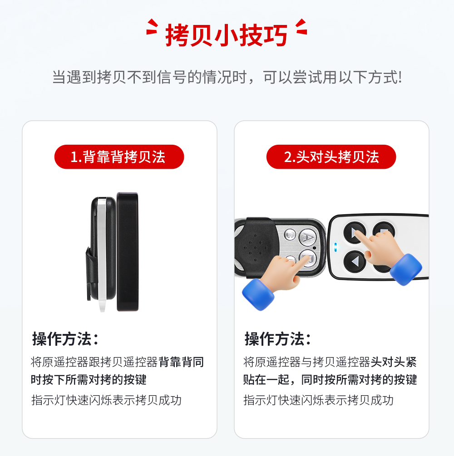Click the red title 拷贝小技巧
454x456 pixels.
tap(227, 35)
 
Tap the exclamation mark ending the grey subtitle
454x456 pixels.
tap(400, 77)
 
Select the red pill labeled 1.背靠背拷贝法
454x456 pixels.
tap(119, 157)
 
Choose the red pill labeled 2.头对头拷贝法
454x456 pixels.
tap(331, 157)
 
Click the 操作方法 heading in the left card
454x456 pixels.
tap(65, 339)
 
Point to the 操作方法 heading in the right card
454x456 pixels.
tap(278, 339)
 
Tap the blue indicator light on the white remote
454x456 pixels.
tap(336, 247)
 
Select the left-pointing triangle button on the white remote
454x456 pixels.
tap(355, 261)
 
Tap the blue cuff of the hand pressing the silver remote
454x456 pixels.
tap(258, 294)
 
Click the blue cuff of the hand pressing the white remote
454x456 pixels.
tap(406, 270)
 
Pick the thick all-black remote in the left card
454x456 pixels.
tap(128, 252)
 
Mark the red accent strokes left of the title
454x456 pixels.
tap(152, 27)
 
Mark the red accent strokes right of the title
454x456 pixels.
tap(301, 27)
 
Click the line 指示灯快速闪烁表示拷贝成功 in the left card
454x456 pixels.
tap(106, 400)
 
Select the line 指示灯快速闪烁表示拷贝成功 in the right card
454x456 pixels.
tap(318, 400)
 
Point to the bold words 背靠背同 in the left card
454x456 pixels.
tap(181, 362)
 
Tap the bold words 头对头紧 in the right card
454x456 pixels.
tap(394, 362)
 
